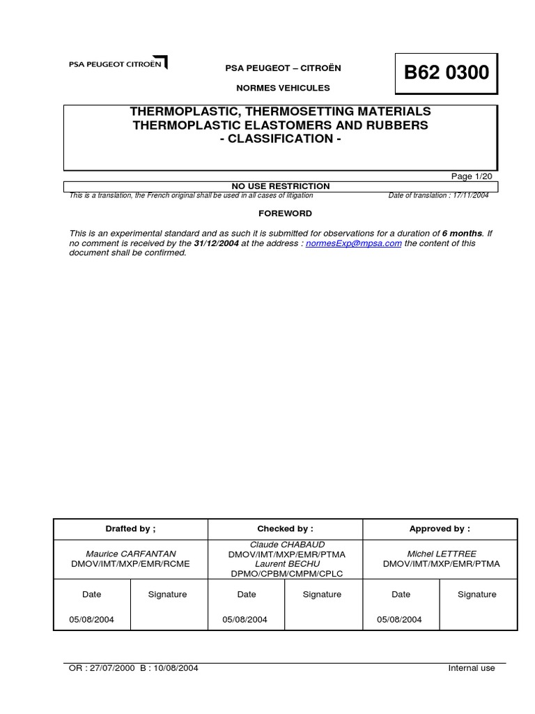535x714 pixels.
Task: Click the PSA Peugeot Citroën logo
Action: tap(118, 64)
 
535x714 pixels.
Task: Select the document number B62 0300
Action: tap(447, 73)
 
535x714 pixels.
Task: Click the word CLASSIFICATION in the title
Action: tap(281, 139)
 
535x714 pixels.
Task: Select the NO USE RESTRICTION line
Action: tap(281, 186)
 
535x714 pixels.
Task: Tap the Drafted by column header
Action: tap(131, 529)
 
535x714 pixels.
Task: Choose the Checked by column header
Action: tap(286, 529)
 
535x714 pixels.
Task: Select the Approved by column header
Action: tap(440, 529)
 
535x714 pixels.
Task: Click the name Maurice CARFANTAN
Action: tap(131, 554)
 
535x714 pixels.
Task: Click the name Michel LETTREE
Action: tap(442, 554)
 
